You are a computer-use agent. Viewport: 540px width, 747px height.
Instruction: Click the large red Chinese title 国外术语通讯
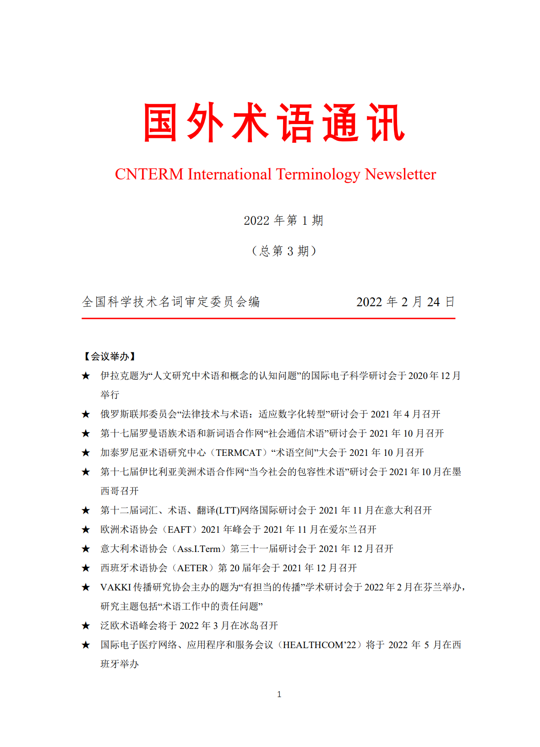[274, 123]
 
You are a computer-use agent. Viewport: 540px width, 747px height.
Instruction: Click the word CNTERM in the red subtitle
[149, 174]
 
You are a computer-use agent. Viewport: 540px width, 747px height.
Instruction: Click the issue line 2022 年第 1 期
[284, 221]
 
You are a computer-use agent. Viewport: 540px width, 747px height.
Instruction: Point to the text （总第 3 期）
[284, 251]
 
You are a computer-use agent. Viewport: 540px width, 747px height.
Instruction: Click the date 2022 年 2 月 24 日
[405, 302]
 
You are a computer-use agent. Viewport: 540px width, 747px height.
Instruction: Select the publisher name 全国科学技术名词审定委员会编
[171, 302]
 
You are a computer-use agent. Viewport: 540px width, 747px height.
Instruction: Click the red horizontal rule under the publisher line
[268, 318]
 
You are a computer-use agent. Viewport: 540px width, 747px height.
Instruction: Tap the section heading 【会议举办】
[109, 357]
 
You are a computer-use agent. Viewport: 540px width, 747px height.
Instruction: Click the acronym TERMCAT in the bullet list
[239, 453]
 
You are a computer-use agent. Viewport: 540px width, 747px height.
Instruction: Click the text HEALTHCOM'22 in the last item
[319, 645]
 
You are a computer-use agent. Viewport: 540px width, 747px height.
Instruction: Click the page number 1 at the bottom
[279, 694]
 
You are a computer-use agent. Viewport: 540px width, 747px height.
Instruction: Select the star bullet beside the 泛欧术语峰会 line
[86, 626]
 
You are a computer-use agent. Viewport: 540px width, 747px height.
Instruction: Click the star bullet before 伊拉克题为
[86, 376]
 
